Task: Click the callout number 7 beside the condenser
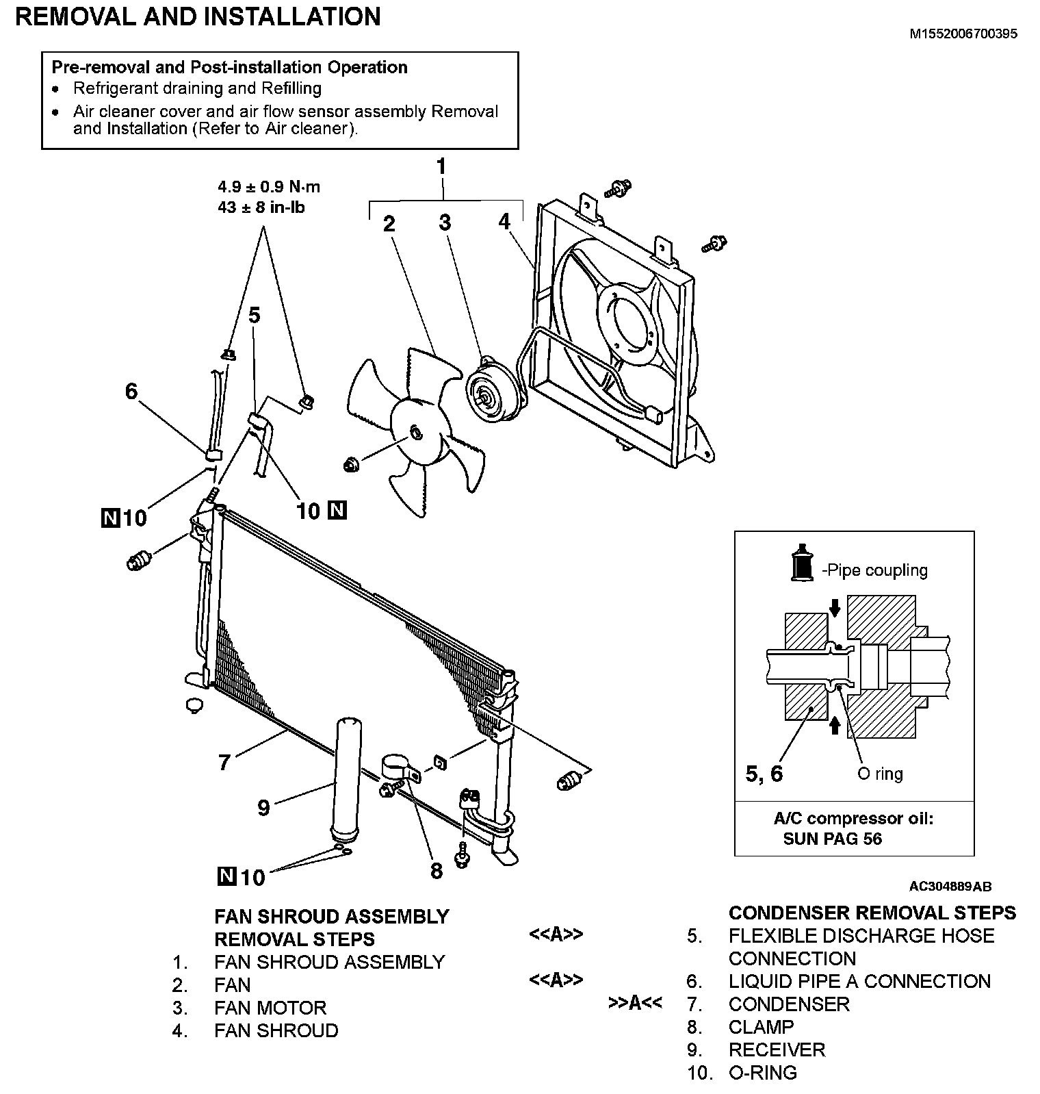[x=224, y=761]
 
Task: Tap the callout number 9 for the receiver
[x=263, y=807]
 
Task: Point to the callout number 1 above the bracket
[x=441, y=166]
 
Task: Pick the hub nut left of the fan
[x=352, y=466]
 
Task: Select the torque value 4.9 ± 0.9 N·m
[x=269, y=187]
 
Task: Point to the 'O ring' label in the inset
[x=880, y=774]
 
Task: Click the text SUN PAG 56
[x=832, y=838]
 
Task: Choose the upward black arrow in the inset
[x=834, y=724]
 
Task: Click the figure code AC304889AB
[x=950, y=887]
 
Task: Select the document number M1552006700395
[x=963, y=34]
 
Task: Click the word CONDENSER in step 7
[x=789, y=1004]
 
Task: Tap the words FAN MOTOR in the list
[x=270, y=1008]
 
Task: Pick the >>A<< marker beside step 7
[x=635, y=1004]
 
